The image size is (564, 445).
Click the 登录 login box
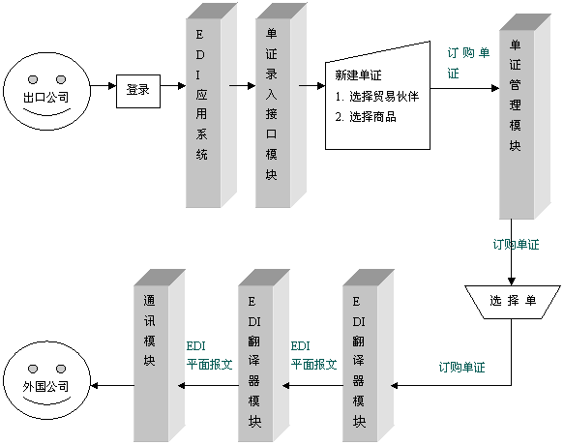coord(138,91)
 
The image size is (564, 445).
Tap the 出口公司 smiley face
coord(46,91)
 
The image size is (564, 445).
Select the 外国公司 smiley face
coord(46,380)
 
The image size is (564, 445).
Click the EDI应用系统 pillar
coord(211,105)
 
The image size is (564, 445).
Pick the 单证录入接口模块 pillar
coord(281,105)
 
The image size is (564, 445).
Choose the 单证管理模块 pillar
coord(524,116)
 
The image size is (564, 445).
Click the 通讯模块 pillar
coord(160,355)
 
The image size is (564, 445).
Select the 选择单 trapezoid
coord(512,302)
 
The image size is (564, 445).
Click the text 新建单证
coord(358,75)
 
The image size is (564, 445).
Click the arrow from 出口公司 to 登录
coord(104,86)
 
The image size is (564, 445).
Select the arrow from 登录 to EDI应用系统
coord(173,86)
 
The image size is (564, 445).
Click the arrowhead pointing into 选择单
coord(511,282)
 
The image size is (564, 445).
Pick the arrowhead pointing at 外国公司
coord(95,386)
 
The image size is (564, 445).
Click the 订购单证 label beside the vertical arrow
coord(517,245)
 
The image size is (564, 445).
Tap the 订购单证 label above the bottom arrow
coord(461,368)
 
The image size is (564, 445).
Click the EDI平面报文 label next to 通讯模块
coord(209,355)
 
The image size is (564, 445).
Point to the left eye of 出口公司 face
coord(33,79)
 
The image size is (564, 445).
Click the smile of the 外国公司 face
coord(46,401)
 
